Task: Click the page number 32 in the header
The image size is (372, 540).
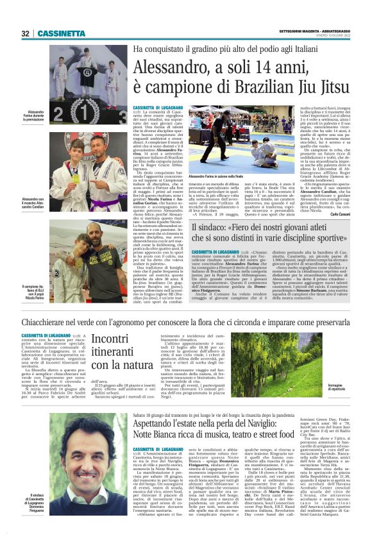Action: click(x=25, y=33)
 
